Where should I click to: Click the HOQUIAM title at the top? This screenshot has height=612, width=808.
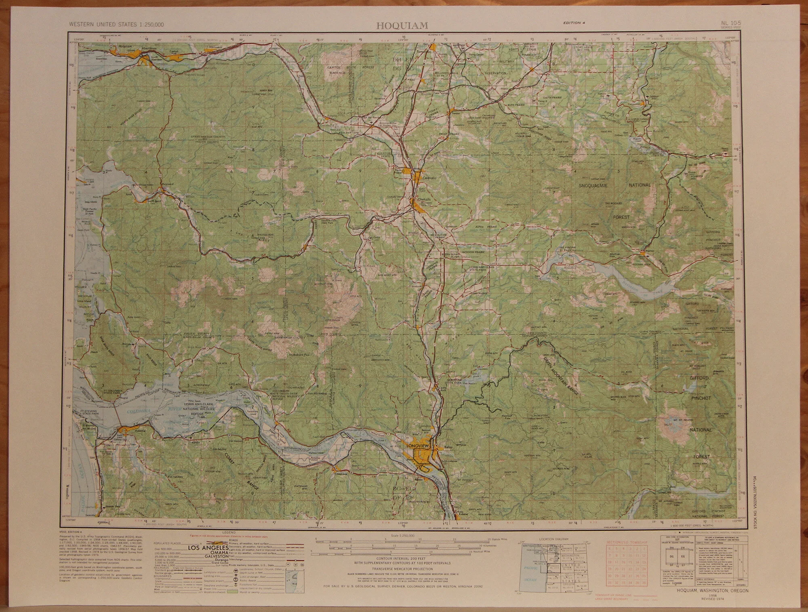tap(402, 26)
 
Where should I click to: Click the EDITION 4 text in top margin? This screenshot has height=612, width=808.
tap(574, 23)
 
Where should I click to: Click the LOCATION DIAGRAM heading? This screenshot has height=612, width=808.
tap(553, 539)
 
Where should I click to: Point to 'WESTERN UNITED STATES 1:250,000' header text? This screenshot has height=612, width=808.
tap(116, 25)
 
